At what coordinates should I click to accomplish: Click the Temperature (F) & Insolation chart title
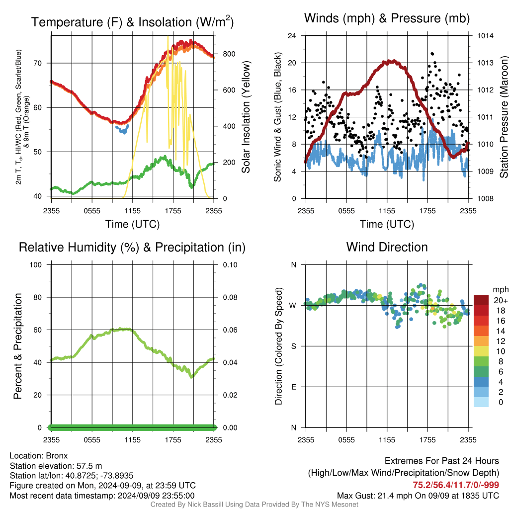132,22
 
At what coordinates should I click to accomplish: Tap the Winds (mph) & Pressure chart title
387,18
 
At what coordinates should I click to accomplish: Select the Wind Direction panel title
387,247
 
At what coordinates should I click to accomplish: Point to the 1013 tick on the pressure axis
485,63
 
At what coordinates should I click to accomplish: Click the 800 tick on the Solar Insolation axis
229,54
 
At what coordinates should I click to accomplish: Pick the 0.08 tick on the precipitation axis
230,297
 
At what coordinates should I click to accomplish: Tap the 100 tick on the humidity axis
36,265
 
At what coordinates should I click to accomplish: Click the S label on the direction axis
293,346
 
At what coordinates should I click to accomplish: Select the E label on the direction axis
293,387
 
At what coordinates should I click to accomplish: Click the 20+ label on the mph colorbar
500,301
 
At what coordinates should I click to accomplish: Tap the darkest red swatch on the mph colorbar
481,300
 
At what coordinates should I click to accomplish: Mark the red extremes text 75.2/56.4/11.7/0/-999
456,485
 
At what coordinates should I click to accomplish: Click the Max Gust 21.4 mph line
418,496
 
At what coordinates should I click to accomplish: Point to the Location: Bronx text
39,456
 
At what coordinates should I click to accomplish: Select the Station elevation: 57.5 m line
56,466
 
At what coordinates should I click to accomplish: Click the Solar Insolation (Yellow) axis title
246,117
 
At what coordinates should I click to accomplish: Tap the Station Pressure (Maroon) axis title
504,117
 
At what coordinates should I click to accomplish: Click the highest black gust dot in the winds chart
432,54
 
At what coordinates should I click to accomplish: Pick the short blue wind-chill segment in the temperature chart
122,130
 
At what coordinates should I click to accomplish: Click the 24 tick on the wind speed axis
292,36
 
